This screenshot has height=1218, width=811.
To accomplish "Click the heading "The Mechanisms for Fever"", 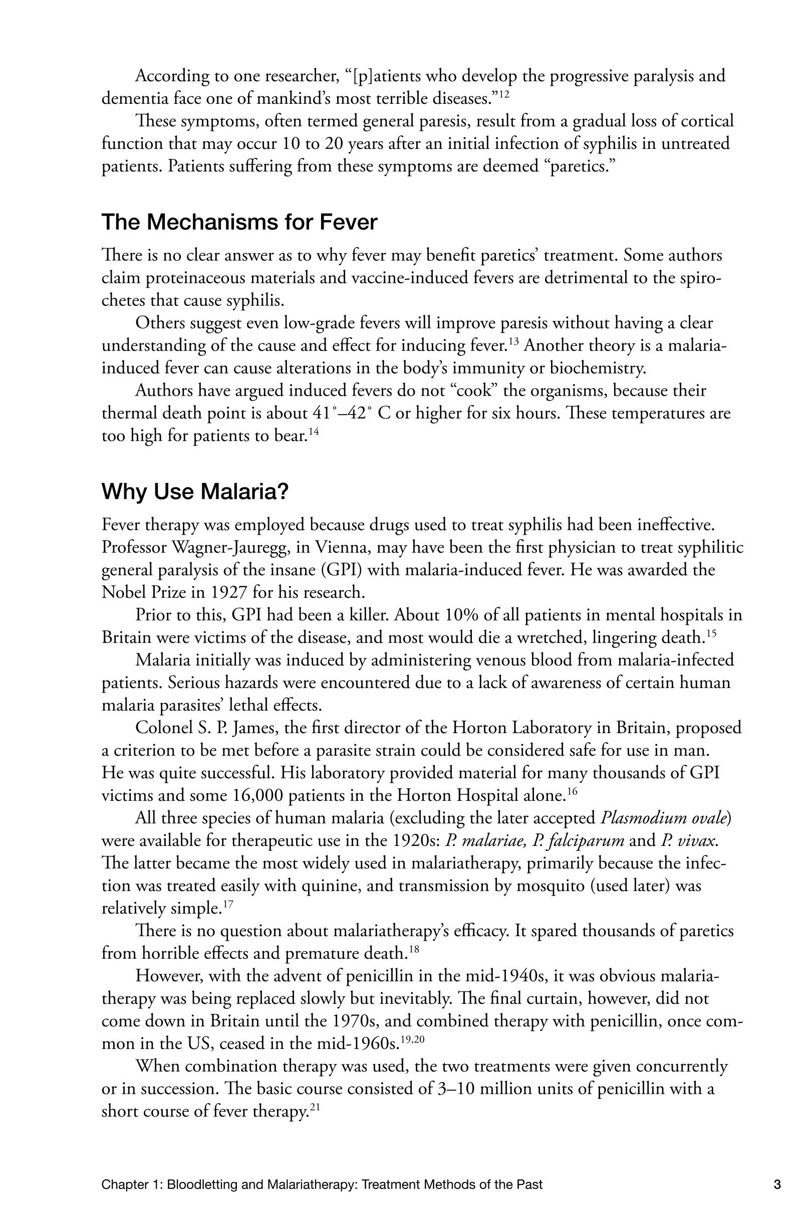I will (239, 223).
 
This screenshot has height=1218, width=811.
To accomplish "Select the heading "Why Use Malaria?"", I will (194, 491).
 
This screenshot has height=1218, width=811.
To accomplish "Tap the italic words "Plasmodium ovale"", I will (664, 818).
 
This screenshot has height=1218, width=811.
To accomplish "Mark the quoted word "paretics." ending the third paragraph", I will (580, 166).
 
